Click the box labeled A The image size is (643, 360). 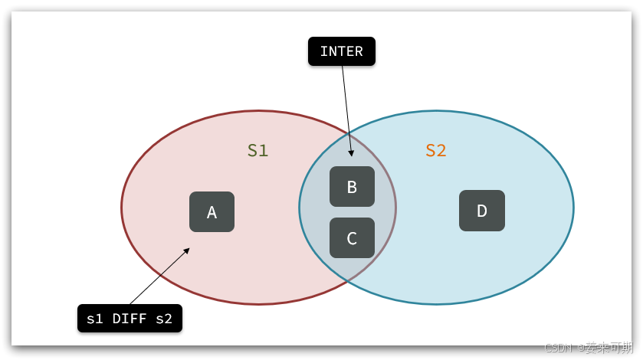tap(212, 212)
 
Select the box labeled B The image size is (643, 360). tap(352, 187)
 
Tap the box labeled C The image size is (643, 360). tap(352, 237)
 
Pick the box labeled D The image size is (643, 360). tap(481, 211)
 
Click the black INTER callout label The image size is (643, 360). tap(341, 51)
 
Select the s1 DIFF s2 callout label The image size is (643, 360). tap(130, 319)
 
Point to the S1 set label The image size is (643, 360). tap(258, 150)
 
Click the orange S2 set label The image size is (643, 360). tap(436, 150)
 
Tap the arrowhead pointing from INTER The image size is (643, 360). tap(351, 153)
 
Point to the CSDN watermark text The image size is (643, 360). tap(588, 348)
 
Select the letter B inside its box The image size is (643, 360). tap(352, 187)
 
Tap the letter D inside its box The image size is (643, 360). tap(481, 211)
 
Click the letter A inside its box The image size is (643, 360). tap(212, 212)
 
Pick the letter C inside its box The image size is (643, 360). tap(352, 238)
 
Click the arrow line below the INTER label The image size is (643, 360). tap(346, 107)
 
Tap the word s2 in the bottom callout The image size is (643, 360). tap(164, 319)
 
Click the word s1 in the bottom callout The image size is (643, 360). tap(95, 319)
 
